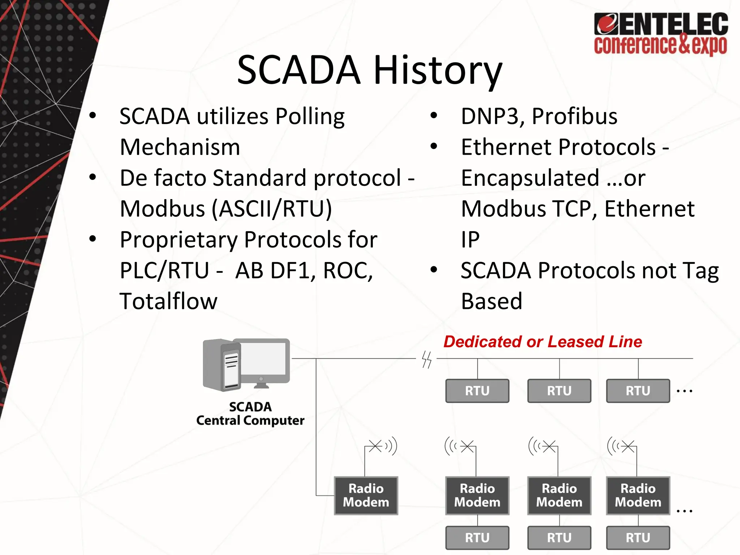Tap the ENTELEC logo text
(x=661, y=25)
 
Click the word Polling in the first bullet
(x=310, y=117)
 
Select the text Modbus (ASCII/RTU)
(x=226, y=209)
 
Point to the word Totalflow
(x=168, y=301)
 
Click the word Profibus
(x=575, y=116)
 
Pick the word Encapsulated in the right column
(x=530, y=178)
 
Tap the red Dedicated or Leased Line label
(x=543, y=341)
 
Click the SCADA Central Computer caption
(x=250, y=414)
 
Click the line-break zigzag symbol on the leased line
(x=427, y=360)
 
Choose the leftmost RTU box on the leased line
(x=477, y=391)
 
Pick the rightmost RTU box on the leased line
(x=638, y=391)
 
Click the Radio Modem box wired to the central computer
(x=366, y=495)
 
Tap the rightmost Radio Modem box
(x=638, y=495)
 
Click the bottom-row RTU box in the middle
(x=559, y=538)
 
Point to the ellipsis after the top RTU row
(x=684, y=391)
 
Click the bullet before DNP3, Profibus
(x=434, y=116)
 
